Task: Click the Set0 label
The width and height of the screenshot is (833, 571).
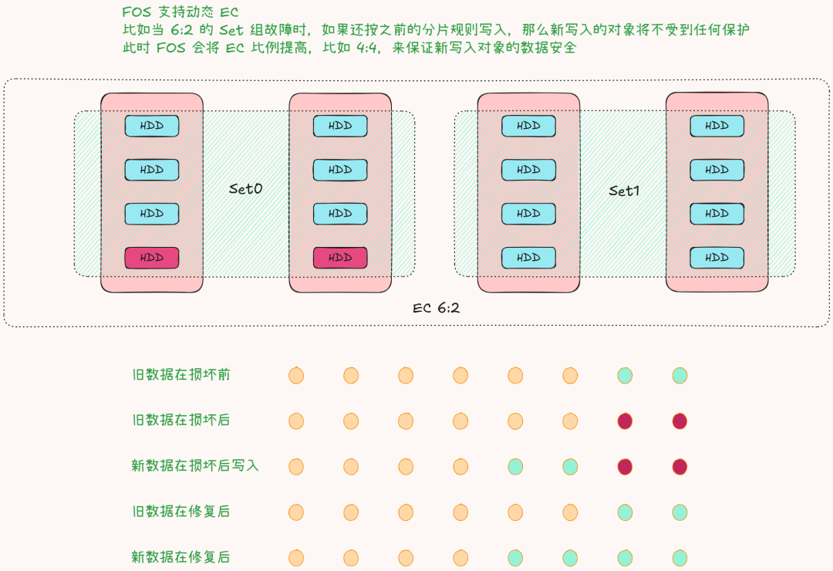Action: pyautogui.click(x=246, y=189)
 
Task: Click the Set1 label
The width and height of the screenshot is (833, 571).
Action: pyautogui.click(x=625, y=191)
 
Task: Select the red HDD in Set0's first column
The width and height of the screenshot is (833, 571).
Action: pyautogui.click(x=152, y=258)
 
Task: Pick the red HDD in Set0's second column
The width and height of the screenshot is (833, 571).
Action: pyautogui.click(x=340, y=258)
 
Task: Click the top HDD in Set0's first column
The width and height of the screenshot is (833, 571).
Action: pyautogui.click(x=152, y=126)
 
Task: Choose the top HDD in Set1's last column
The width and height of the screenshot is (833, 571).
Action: pyautogui.click(x=717, y=126)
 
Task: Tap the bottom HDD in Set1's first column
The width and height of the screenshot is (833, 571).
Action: pyautogui.click(x=528, y=258)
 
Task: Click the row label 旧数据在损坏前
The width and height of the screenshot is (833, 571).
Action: pyautogui.click(x=180, y=375)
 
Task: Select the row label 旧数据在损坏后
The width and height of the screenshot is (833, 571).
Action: pyautogui.click(x=180, y=421)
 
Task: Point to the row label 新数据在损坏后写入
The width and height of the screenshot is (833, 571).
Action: pyautogui.click(x=195, y=466)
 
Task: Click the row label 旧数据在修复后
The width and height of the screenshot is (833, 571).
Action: pyautogui.click(x=180, y=512)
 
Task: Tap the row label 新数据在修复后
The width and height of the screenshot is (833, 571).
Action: pyautogui.click(x=180, y=557)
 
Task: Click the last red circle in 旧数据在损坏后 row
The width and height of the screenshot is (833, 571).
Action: pyautogui.click(x=680, y=421)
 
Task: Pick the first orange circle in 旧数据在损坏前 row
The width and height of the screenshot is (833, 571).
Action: pyautogui.click(x=296, y=376)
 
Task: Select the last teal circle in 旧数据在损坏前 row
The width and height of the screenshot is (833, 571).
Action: pyautogui.click(x=680, y=376)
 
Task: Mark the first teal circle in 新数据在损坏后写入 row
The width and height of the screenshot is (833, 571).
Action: pyautogui.click(x=515, y=467)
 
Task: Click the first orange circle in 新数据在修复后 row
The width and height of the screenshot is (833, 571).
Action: pyautogui.click(x=296, y=558)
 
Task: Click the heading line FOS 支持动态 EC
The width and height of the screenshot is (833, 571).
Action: pyautogui.click(x=180, y=12)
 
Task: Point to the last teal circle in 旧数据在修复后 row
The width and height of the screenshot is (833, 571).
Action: pyautogui.click(x=680, y=512)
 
